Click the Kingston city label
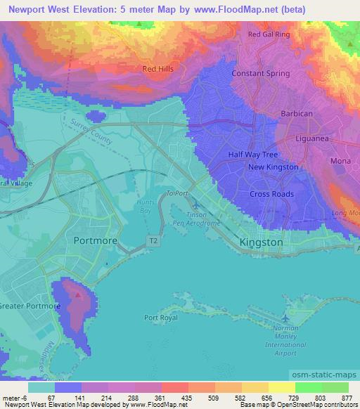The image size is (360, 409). tap(261, 242)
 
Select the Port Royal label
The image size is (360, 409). tap(160, 318)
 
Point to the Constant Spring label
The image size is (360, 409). tap(257, 74)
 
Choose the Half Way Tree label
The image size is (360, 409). tap(250, 154)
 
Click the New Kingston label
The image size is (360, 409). tap(273, 167)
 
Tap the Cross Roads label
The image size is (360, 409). tap(271, 194)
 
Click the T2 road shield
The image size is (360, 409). tap(153, 240)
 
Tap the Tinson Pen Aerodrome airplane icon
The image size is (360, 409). tap(195, 204)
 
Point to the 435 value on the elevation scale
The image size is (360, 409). tap(187, 398)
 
